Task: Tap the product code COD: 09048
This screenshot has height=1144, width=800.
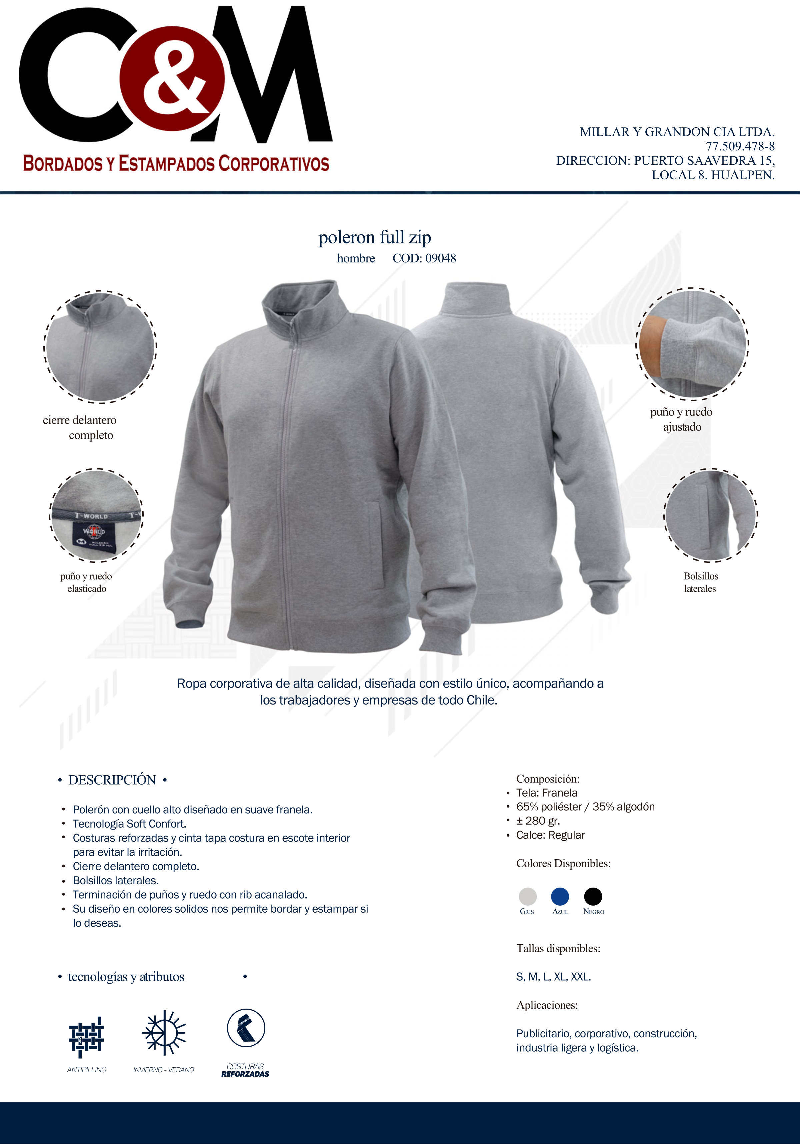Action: pyautogui.click(x=424, y=258)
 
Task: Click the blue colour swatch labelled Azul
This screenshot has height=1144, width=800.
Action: pyautogui.click(x=560, y=896)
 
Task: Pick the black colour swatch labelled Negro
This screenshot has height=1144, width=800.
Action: pyautogui.click(x=593, y=896)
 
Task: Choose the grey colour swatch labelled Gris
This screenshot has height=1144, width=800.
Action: pyautogui.click(x=528, y=896)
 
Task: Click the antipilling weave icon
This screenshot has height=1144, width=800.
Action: pyautogui.click(x=86, y=1037)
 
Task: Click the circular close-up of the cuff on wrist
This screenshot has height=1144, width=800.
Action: pyautogui.click(x=692, y=343)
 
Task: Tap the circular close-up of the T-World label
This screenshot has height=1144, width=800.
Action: pyautogui.click(x=97, y=515)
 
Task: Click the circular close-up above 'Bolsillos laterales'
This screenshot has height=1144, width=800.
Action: pyautogui.click(x=710, y=515)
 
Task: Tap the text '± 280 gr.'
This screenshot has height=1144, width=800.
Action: pyautogui.click(x=538, y=821)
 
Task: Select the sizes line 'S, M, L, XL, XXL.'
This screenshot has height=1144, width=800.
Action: pyautogui.click(x=553, y=977)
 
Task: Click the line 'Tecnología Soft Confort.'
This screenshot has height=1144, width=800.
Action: pyautogui.click(x=130, y=824)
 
